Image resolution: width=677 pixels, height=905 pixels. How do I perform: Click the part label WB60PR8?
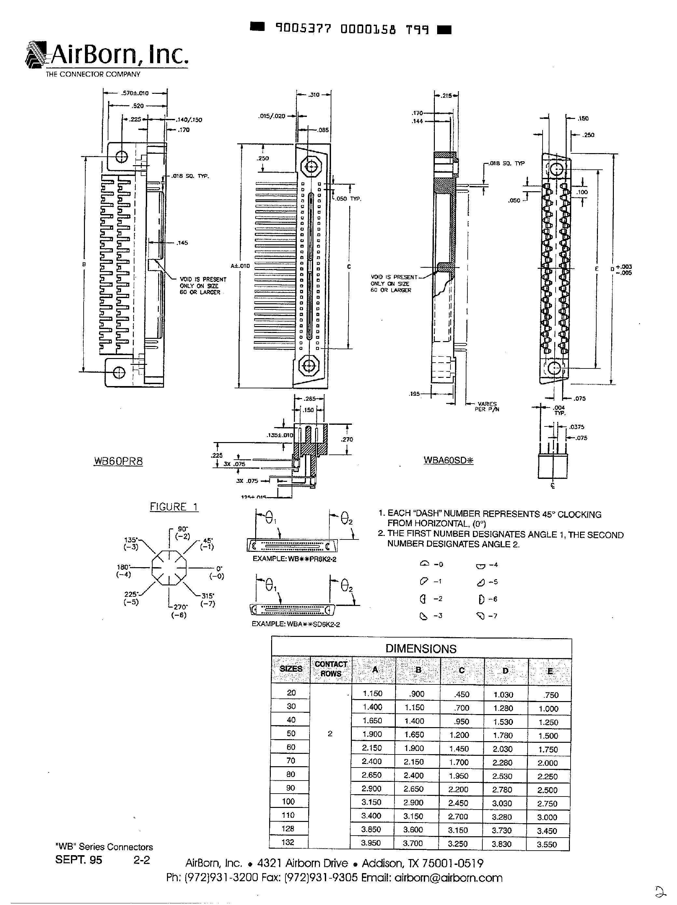[x=118, y=461]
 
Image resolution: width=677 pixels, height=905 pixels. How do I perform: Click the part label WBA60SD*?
[x=449, y=460]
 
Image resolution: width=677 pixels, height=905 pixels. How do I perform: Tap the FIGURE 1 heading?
[x=174, y=507]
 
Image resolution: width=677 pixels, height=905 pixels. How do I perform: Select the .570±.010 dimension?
[x=134, y=93]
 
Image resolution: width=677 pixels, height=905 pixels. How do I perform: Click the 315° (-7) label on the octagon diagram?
[x=208, y=600]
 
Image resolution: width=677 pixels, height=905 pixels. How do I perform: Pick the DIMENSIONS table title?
[x=421, y=649]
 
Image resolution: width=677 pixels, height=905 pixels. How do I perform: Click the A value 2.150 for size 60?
[x=372, y=747]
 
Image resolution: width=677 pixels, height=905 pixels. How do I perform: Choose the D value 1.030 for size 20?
[x=503, y=695]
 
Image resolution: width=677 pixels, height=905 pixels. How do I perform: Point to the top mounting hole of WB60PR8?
[x=122, y=156]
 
